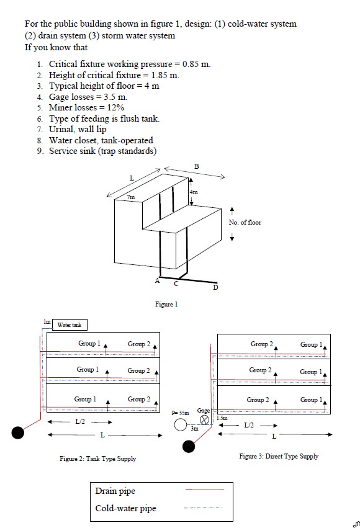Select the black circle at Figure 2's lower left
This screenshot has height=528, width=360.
pyautogui.click(x=19, y=432)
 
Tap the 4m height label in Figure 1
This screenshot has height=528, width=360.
pyautogui.click(x=194, y=192)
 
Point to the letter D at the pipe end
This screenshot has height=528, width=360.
pyautogui.click(x=215, y=287)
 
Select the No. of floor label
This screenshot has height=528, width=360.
pyautogui.click(x=245, y=222)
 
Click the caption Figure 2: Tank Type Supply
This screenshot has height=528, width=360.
pyautogui.click(x=98, y=459)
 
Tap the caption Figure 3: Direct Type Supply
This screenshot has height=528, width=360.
pyautogui.click(x=279, y=456)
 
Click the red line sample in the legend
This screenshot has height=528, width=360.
pyautogui.click(x=204, y=490)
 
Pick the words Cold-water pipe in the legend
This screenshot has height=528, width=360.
pyautogui.click(x=125, y=509)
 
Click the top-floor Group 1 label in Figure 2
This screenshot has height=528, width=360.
pyautogui.click(x=89, y=343)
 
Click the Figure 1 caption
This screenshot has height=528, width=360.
pyautogui.click(x=166, y=304)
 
